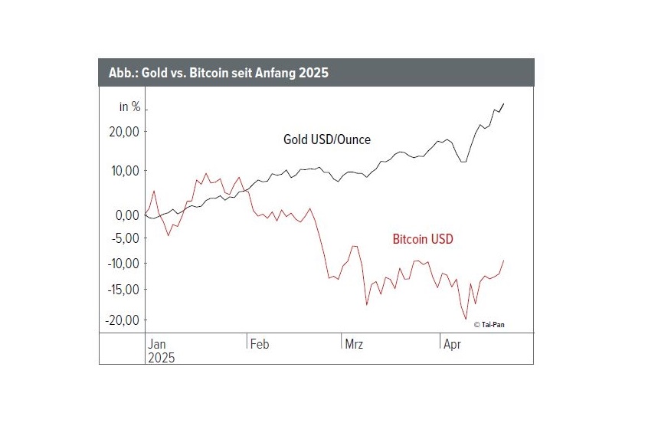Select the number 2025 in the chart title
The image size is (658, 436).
[x=313, y=73]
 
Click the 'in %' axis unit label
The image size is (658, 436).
[x=129, y=107]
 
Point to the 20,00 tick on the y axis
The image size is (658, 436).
[x=124, y=132]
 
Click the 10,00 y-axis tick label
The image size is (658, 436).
[x=124, y=170]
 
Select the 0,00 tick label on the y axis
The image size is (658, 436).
[x=127, y=215]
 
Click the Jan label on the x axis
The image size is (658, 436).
[x=157, y=345]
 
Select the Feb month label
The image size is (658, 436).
[x=260, y=345]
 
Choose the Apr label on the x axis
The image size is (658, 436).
[x=453, y=345]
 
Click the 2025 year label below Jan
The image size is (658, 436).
[x=162, y=357]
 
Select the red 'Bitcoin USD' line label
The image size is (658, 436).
[x=423, y=239]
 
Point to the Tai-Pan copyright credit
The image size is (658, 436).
[x=489, y=325]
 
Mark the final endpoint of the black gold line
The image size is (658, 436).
[x=503, y=103]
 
